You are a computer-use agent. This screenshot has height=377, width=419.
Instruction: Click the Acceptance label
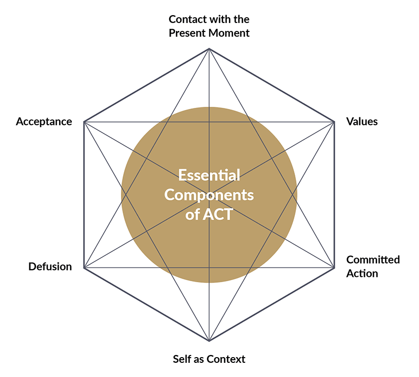pyautogui.click(x=44, y=121)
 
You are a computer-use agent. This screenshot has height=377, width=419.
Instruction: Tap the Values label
pyautogui.click(x=362, y=121)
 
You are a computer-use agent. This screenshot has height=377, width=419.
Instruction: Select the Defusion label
pyautogui.click(x=50, y=267)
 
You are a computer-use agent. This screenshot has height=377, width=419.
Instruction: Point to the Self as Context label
pyautogui.click(x=209, y=359)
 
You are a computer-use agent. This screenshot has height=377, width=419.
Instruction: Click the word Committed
pyautogui.click(x=373, y=260)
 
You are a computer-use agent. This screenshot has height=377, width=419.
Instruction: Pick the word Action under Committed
pyautogui.click(x=362, y=273)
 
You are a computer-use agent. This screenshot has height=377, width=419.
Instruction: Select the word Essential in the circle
pyautogui.click(x=209, y=174)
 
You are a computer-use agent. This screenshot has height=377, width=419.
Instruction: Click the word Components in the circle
pyautogui.click(x=209, y=195)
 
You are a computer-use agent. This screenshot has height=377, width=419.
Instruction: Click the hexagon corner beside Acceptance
pyautogui.click(x=84, y=122)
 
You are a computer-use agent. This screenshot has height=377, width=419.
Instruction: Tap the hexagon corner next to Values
pyautogui.click(x=334, y=122)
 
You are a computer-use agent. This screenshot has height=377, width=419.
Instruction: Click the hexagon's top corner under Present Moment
pyautogui.click(x=209, y=49)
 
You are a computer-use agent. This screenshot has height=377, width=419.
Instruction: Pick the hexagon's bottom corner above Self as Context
pyautogui.click(x=209, y=341)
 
